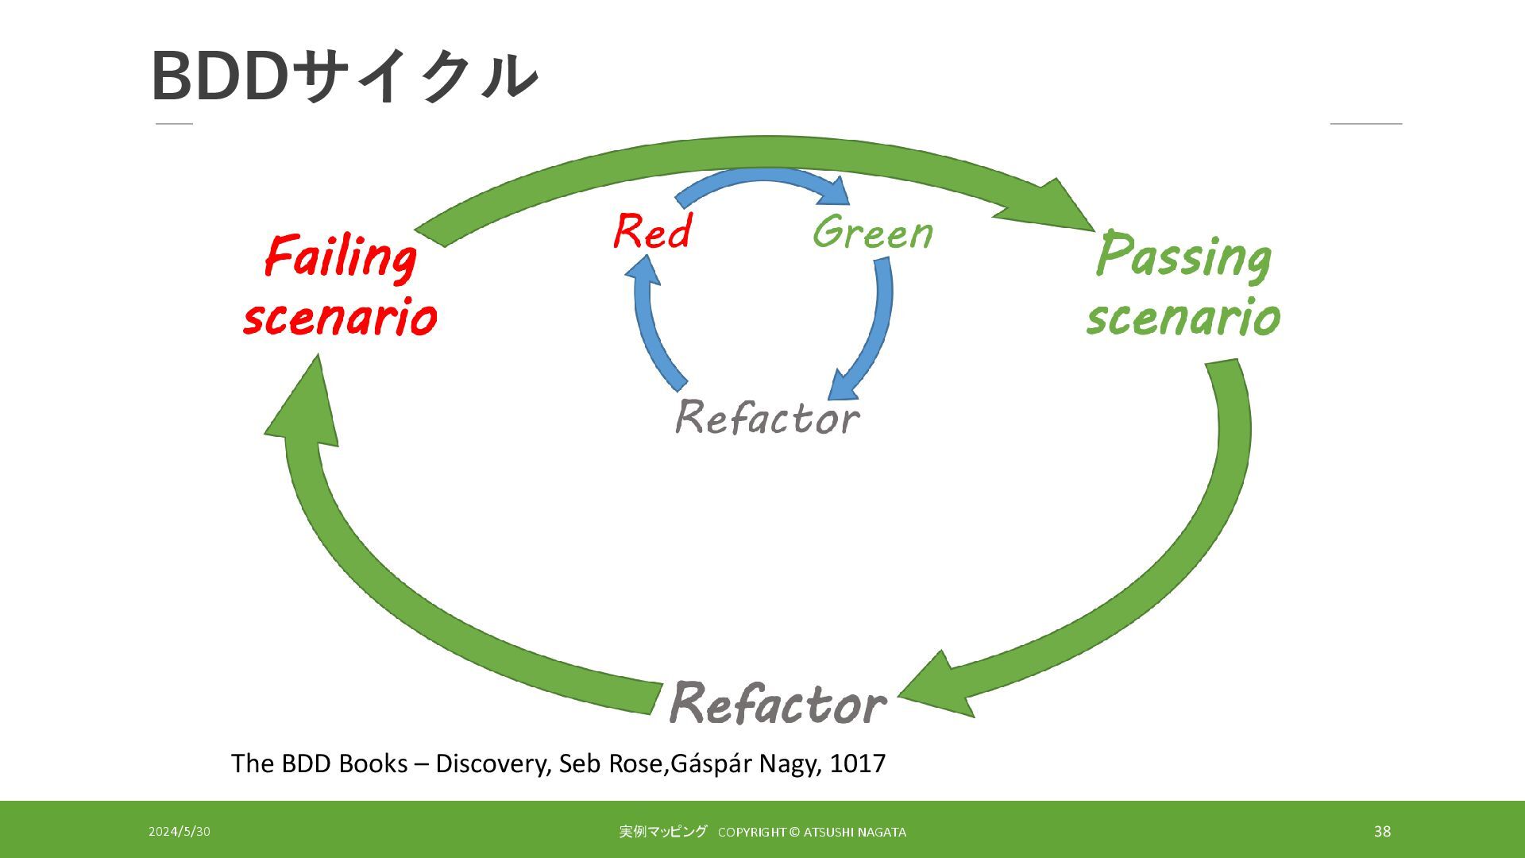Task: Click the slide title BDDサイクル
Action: click(x=344, y=76)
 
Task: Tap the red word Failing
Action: click(x=340, y=257)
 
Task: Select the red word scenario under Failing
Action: click(x=340, y=317)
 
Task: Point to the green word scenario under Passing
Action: click(x=1183, y=317)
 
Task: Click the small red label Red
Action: click(x=652, y=232)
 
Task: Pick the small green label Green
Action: click(x=872, y=233)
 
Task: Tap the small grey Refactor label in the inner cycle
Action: click(x=766, y=417)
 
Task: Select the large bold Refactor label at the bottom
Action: click(x=777, y=704)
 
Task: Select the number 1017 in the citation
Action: click(x=857, y=763)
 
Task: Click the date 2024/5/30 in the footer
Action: click(x=180, y=832)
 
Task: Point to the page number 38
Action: click(x=1382, y=832)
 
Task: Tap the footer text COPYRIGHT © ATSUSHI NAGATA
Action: click(x=812, y=833)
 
